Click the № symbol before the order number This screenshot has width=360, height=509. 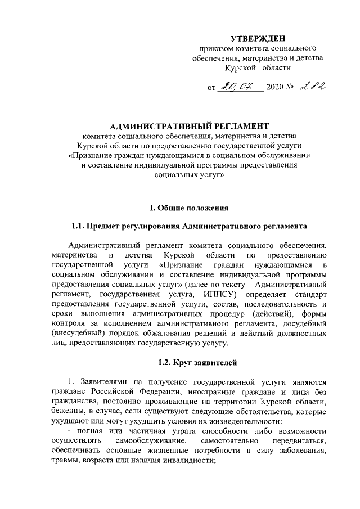click(x=293, y=88)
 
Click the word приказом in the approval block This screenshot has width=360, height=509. click(x=213, y=49)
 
